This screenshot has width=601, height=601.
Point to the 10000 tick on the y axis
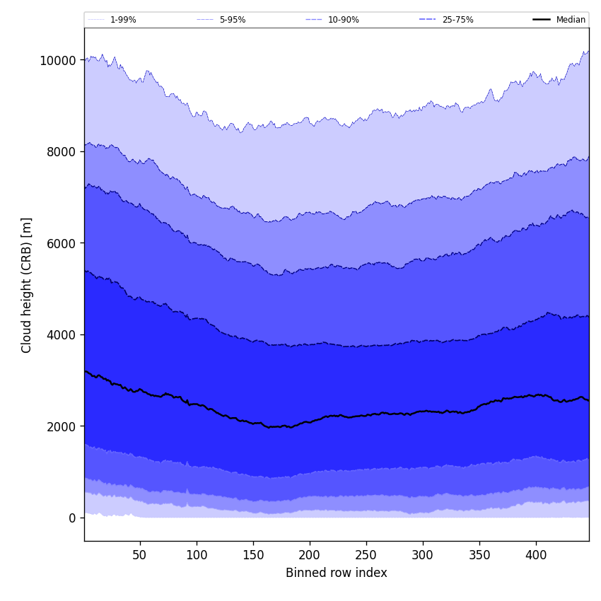point(58,61)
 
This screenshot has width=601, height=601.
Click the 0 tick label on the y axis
point(72,518)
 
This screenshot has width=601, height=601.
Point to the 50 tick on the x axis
point(140,555)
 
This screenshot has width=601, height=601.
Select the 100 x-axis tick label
point(197,555)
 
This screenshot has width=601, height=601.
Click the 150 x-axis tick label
point(253,555)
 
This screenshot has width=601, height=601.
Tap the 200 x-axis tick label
point(310,555)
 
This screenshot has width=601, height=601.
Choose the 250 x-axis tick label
point(366,555)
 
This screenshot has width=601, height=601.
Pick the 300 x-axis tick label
point(423,555)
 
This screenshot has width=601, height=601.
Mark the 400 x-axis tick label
point(536,555)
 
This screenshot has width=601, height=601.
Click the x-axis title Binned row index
point(337,573)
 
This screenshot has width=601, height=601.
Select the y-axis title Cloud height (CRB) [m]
point(27,285)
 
